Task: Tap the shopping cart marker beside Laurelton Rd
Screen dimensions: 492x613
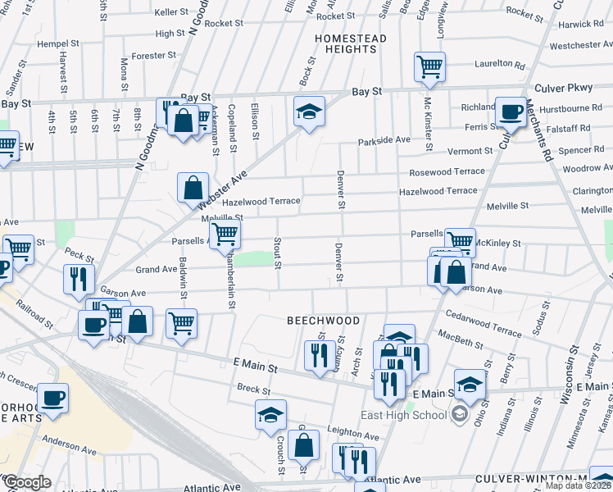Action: coord(429,66)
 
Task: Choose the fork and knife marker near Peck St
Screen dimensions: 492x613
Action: coord(79,278)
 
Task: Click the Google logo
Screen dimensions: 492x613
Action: coord(26,482)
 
